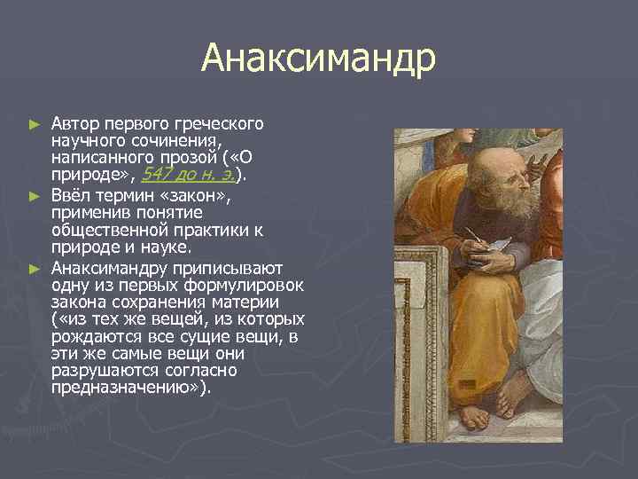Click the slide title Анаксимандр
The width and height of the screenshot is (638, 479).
(318, 60)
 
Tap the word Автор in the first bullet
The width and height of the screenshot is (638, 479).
(74, 122)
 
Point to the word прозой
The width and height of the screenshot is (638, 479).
(167, 156)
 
